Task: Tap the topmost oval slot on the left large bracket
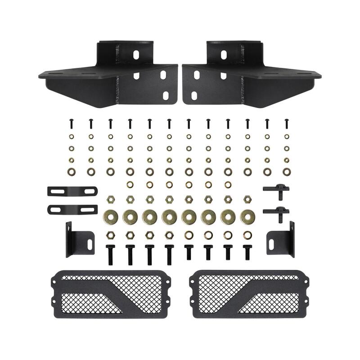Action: click(x=136, y=54)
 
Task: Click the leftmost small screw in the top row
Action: click(x=71, y=122)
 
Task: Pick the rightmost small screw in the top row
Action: click(x=286, y=122)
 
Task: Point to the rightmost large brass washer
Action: click(x=247, y=216)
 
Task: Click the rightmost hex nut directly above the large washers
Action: click(x=247, y=198)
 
